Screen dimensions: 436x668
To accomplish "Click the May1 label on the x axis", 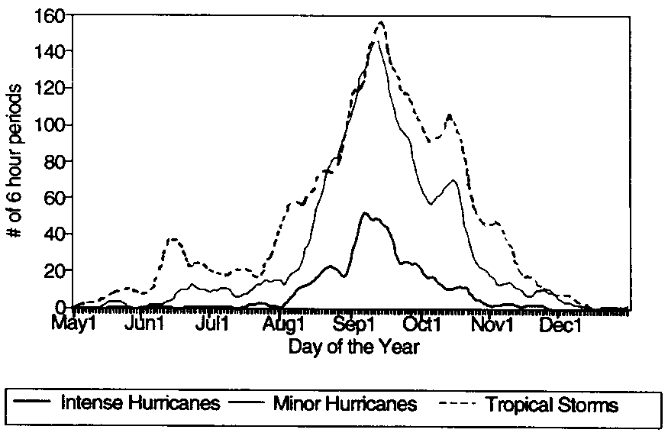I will [x=74, y=326].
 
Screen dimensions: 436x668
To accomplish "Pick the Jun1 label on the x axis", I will [x=145, y=326].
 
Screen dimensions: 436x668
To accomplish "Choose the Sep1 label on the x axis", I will [x=353, y=326].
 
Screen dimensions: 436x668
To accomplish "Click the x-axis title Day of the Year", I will [x=353, y=347].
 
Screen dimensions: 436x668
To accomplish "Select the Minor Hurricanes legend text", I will [x=345, y=402].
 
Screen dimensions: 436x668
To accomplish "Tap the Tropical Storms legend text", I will [x=552, y=404].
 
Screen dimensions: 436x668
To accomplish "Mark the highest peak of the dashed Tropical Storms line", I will [x=379, y=22].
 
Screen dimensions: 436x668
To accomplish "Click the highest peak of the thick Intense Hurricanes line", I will [x=366, y=213].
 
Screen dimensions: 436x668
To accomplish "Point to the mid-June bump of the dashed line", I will [x=174, y=239].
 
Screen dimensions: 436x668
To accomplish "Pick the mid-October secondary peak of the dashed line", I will [x=450, y=115].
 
